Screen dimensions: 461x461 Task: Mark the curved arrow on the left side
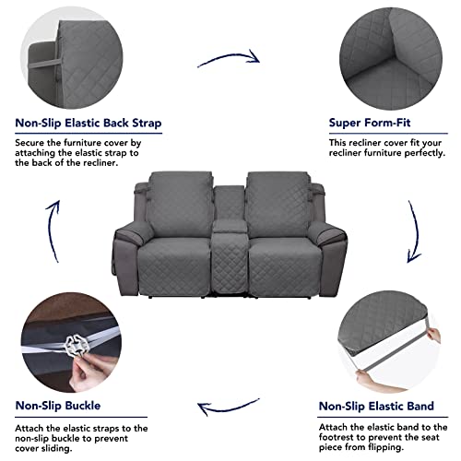tap(52, 223)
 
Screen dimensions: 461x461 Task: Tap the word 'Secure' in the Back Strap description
tap(30, 144)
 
